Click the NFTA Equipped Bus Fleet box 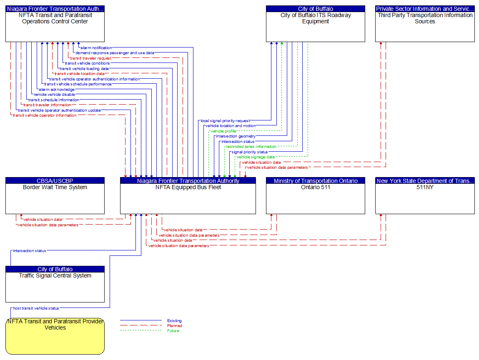pos(188,198)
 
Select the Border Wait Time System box pos(55,198)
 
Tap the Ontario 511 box pos(316,198)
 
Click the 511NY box pos(425,198)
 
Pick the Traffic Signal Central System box pos(55,287)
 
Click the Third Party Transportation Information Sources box pos(425,27)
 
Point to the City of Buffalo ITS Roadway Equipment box pos(316,27)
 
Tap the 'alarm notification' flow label pos(96,48)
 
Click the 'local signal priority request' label pos(225,121)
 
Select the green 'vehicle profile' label pos(223,131)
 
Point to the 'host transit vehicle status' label pos(36,308)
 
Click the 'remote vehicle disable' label pos(54,95)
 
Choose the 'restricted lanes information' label pos(251,147)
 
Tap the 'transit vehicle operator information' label pos(45,115)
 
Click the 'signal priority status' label pos(250,152)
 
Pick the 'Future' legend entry pos(173,331)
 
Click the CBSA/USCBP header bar pos(55,181)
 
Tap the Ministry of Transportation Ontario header pos(316,181)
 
